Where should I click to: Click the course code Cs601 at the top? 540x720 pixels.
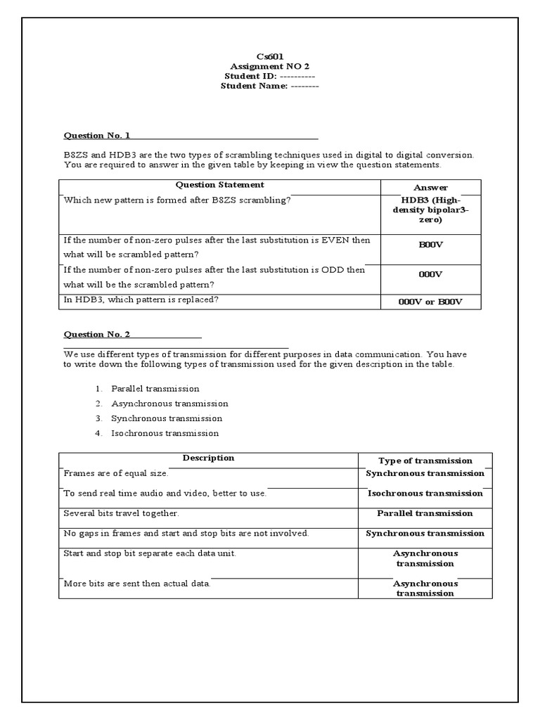click(270, 56)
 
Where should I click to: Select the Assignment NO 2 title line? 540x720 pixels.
click(270, 66)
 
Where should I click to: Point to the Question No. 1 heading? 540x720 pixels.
click(97, 135)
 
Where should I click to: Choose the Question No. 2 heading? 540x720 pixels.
click(97, 335)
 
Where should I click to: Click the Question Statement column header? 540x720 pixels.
click(219, 185)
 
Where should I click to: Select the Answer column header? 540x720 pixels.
click(430, 188)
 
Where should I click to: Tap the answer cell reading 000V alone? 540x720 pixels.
click(430, 275)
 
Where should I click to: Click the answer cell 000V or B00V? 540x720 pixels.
click(430, 302)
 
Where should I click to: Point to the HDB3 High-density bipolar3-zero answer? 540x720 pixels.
click(430, 210)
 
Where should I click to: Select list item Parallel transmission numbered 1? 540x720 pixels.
click(155, 389)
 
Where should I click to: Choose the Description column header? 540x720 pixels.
click(208, 458)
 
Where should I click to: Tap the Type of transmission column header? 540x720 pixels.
click(425, 461)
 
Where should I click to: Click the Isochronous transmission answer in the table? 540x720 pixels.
click(425, 494)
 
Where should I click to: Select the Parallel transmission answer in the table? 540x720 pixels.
click(425, 513)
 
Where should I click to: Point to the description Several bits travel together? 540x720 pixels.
click(117, 514)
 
